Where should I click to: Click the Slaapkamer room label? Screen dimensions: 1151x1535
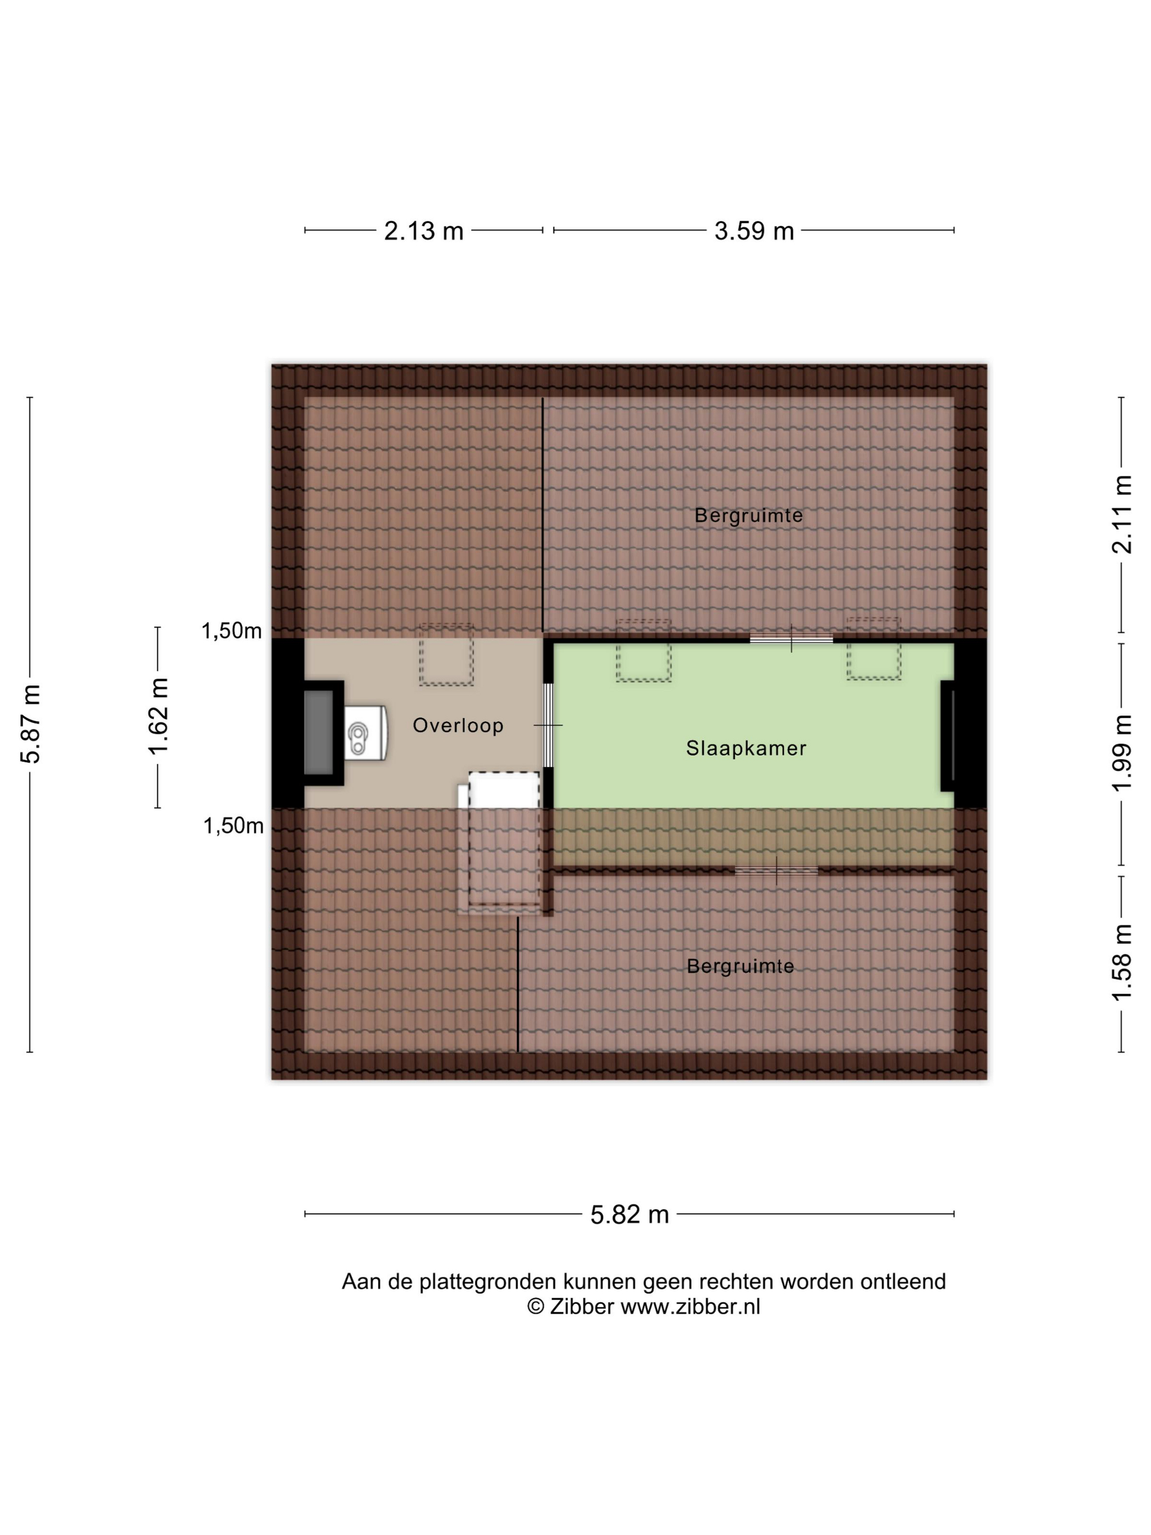(746, 748)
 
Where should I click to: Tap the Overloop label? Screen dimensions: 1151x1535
(458, 725)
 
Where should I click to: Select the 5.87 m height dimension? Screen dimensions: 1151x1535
(31, 724)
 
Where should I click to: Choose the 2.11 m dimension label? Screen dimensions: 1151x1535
(1122, 514)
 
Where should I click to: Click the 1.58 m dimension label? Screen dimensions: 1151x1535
(1122, 963)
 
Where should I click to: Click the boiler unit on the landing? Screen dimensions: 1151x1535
(366, 733)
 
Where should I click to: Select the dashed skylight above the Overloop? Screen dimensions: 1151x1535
(446, 655)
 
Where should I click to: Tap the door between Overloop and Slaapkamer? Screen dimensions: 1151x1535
(548, 725)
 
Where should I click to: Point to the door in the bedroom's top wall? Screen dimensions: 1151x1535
(791, 639)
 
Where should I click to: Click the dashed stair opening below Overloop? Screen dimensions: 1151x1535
(504, 838)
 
